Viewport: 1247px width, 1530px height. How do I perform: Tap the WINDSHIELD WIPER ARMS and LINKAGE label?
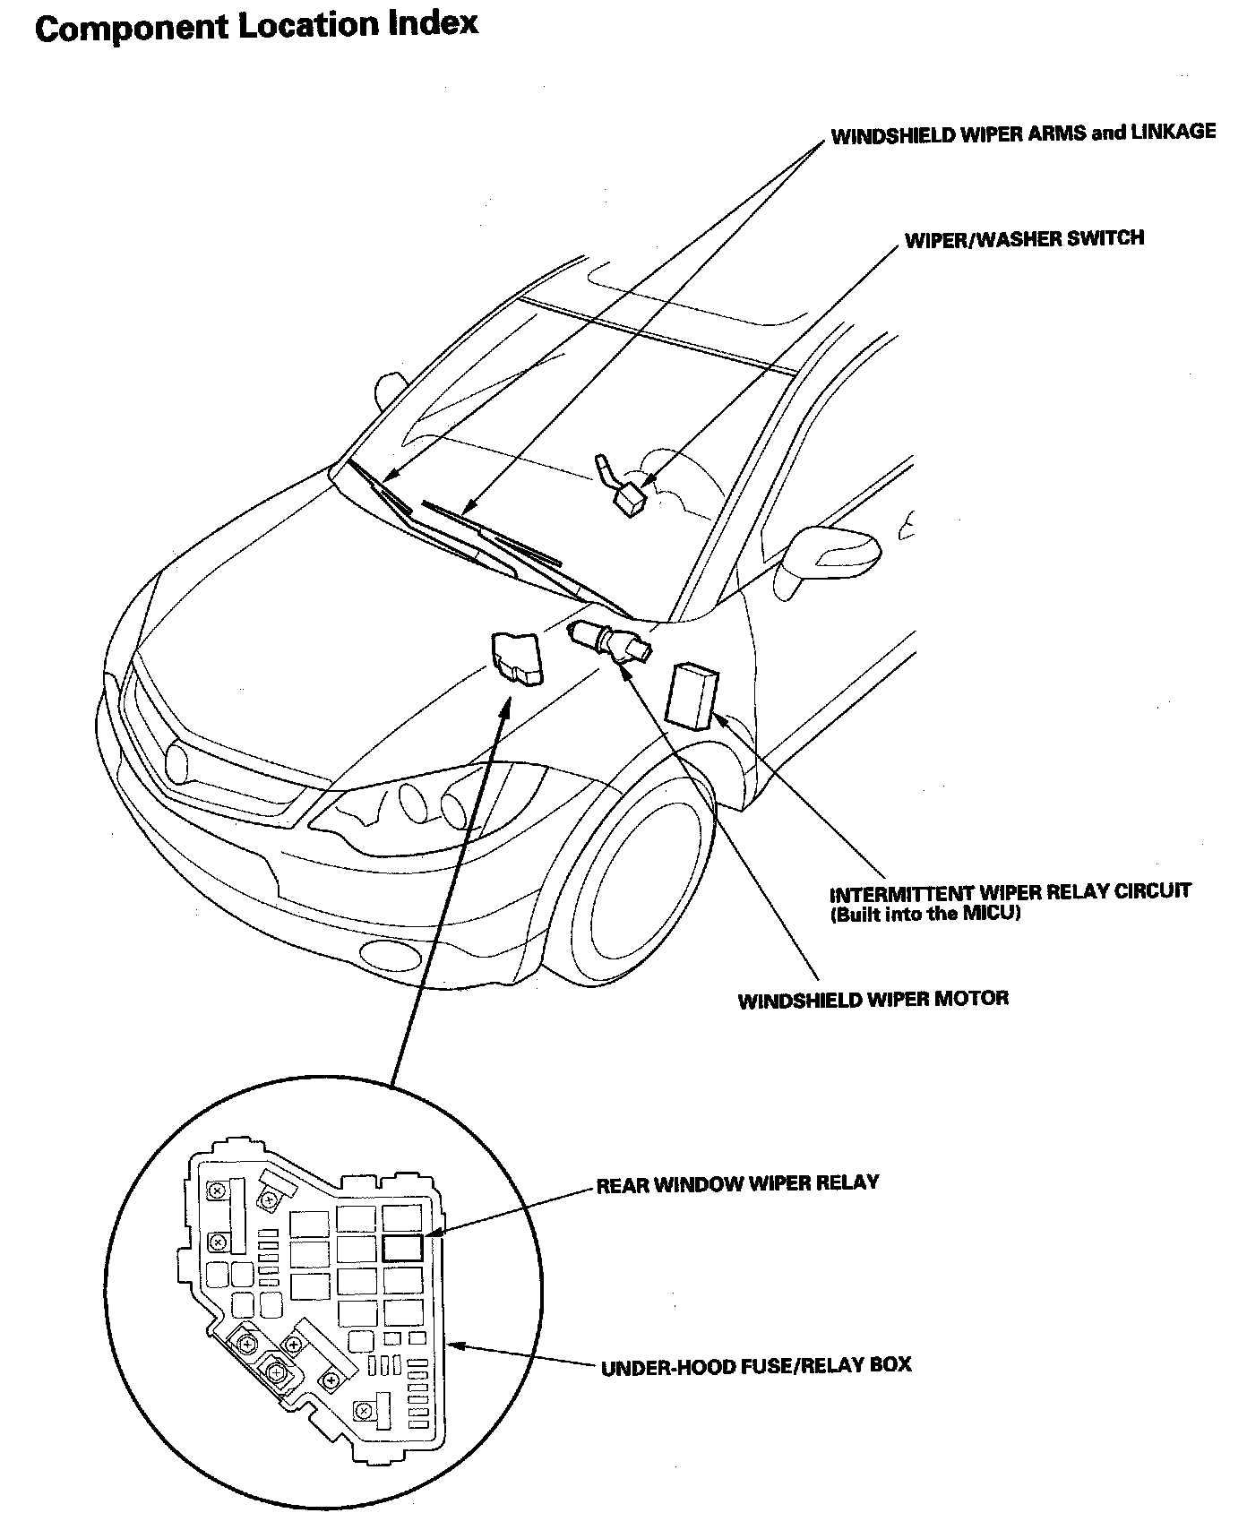(x=1023, y=134)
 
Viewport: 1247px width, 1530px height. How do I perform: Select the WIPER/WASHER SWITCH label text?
(x=1024, y=239)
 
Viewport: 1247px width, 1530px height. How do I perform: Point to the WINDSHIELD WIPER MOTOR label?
(x=873, y=999)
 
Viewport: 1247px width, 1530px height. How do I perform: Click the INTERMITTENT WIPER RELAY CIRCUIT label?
(x=1010, y=893)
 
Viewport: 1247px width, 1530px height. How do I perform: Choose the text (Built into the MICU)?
(x=926, y=915)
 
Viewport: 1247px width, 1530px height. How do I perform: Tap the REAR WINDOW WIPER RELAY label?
(x=737, y=1183)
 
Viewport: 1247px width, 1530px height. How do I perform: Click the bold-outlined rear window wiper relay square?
(x=402, y=1247)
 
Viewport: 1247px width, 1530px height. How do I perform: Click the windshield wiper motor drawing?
(x=612, y=640)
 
